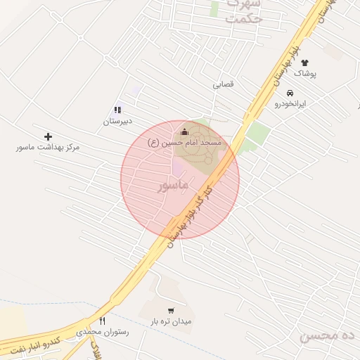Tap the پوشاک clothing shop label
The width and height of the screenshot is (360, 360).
(305, 73)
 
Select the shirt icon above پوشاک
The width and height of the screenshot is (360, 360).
(304, 63)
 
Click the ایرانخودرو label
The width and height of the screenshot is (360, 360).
(290, 103)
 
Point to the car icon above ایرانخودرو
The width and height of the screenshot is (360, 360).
(290, 93)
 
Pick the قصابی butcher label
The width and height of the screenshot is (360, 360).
(223, 84)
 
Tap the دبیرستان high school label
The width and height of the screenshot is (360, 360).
(117, 121)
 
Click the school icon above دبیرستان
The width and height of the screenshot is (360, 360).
(117, 110)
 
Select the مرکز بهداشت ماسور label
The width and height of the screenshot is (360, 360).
(49, 148)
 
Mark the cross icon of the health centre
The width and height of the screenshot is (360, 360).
(48, 136)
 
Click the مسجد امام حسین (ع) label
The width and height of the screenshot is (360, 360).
(184, 142)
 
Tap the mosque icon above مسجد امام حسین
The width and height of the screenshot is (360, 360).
(185, 131)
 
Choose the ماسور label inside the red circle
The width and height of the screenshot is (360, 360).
(173, 186)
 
